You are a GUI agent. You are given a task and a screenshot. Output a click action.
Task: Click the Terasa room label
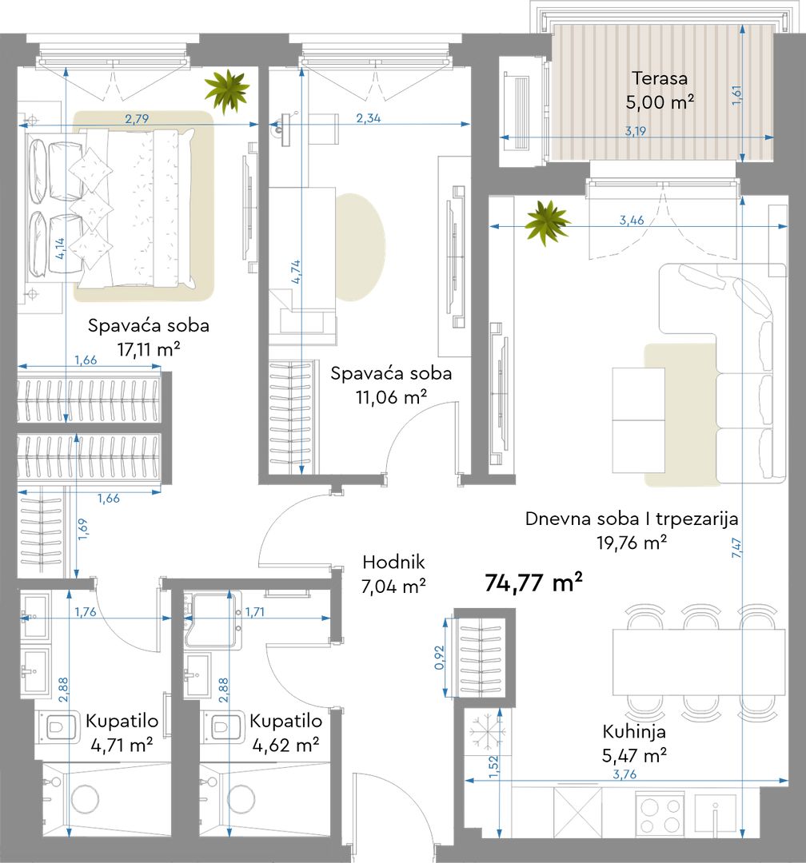[660, 78]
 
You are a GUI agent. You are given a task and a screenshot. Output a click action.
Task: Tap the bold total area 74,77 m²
[533, 583]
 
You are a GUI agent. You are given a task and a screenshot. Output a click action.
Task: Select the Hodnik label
[393, 562]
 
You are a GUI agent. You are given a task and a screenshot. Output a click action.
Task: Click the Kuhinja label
[634, 731]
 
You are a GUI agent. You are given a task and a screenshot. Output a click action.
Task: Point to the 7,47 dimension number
[736, 547]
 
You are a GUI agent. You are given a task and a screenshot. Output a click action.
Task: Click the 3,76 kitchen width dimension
[624, 774]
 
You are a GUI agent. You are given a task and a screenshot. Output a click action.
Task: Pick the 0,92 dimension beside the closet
[439, 657]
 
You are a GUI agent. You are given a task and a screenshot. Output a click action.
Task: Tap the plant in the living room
[547, 222]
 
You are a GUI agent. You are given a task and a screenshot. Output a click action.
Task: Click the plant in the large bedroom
[226, 91]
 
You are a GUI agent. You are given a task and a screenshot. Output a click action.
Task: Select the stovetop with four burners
[660, 815]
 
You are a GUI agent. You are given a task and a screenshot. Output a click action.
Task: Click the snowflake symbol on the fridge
[488, 731]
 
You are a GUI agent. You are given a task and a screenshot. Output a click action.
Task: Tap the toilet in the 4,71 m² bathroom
[58, 727]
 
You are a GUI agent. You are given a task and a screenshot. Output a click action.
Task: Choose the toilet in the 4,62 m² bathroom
[223, 727]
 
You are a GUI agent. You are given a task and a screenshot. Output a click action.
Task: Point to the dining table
[699, 663]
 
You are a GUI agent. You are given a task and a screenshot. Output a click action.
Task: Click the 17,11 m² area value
[149, 349]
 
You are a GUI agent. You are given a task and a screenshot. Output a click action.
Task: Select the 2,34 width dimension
[368, 117]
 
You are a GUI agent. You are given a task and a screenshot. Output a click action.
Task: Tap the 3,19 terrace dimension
[635, 131]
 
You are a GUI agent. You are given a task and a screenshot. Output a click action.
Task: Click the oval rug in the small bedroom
[361, 247]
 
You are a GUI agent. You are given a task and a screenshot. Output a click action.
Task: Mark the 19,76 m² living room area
[632, 543]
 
